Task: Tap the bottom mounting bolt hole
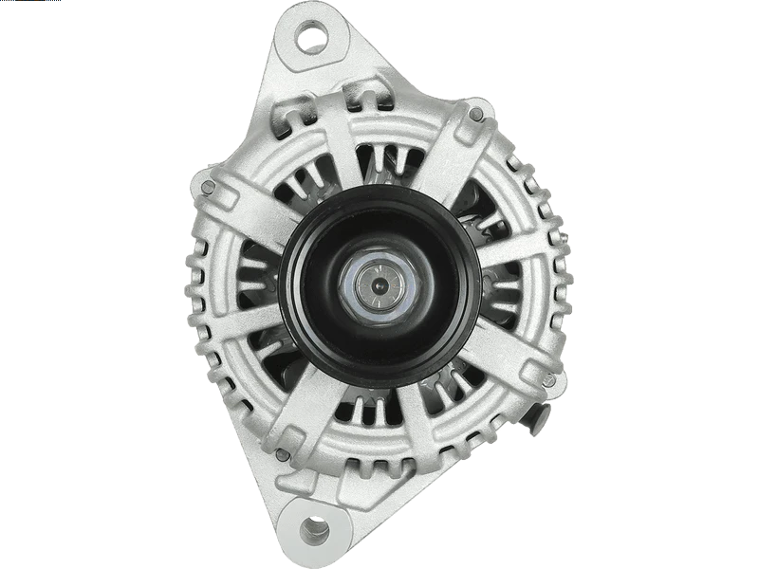point(313,529)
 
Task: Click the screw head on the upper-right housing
point(475,115)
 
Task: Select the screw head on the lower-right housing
point(547,381)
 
